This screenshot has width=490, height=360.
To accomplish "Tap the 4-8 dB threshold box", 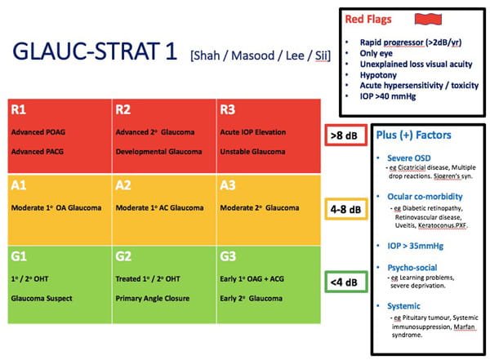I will (344, 210).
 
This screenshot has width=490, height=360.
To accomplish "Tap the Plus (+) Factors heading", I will (413, 135).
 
